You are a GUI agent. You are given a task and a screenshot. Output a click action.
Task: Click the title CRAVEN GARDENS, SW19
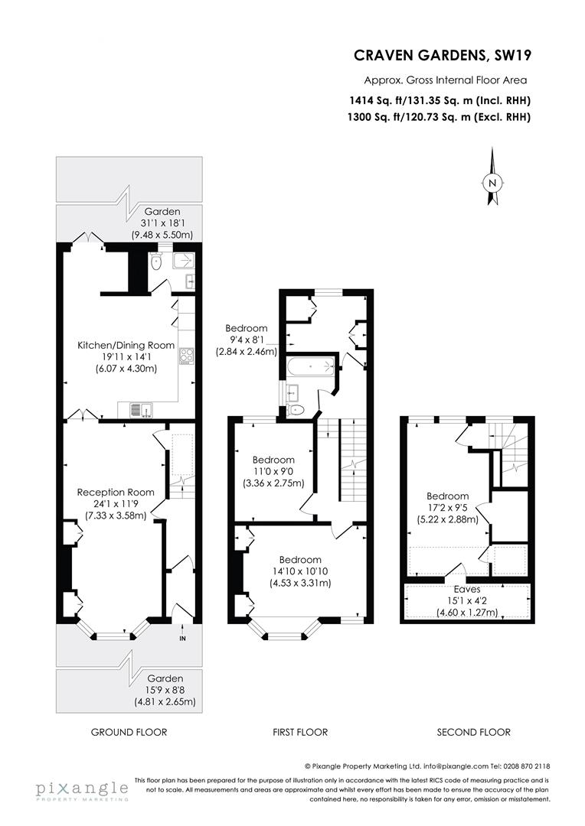pos(442,55)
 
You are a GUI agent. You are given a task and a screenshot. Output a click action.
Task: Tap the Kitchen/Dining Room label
pos(126,346)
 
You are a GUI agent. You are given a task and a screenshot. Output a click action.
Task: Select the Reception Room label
pos(116,492)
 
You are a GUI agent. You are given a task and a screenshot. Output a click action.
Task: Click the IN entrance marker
pos(182,638)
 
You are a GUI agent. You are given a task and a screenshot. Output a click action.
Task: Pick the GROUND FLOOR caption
pos(129,732)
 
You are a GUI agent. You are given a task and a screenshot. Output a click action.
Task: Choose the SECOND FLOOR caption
pos(473,732)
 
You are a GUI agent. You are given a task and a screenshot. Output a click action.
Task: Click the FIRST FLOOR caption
pos(300,732)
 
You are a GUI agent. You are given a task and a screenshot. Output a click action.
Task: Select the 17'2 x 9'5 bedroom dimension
pos(448,507)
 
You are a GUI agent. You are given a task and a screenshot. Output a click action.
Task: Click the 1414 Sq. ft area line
pos(440,100)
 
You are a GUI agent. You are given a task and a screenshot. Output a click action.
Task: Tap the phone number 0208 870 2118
pos(521,766)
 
